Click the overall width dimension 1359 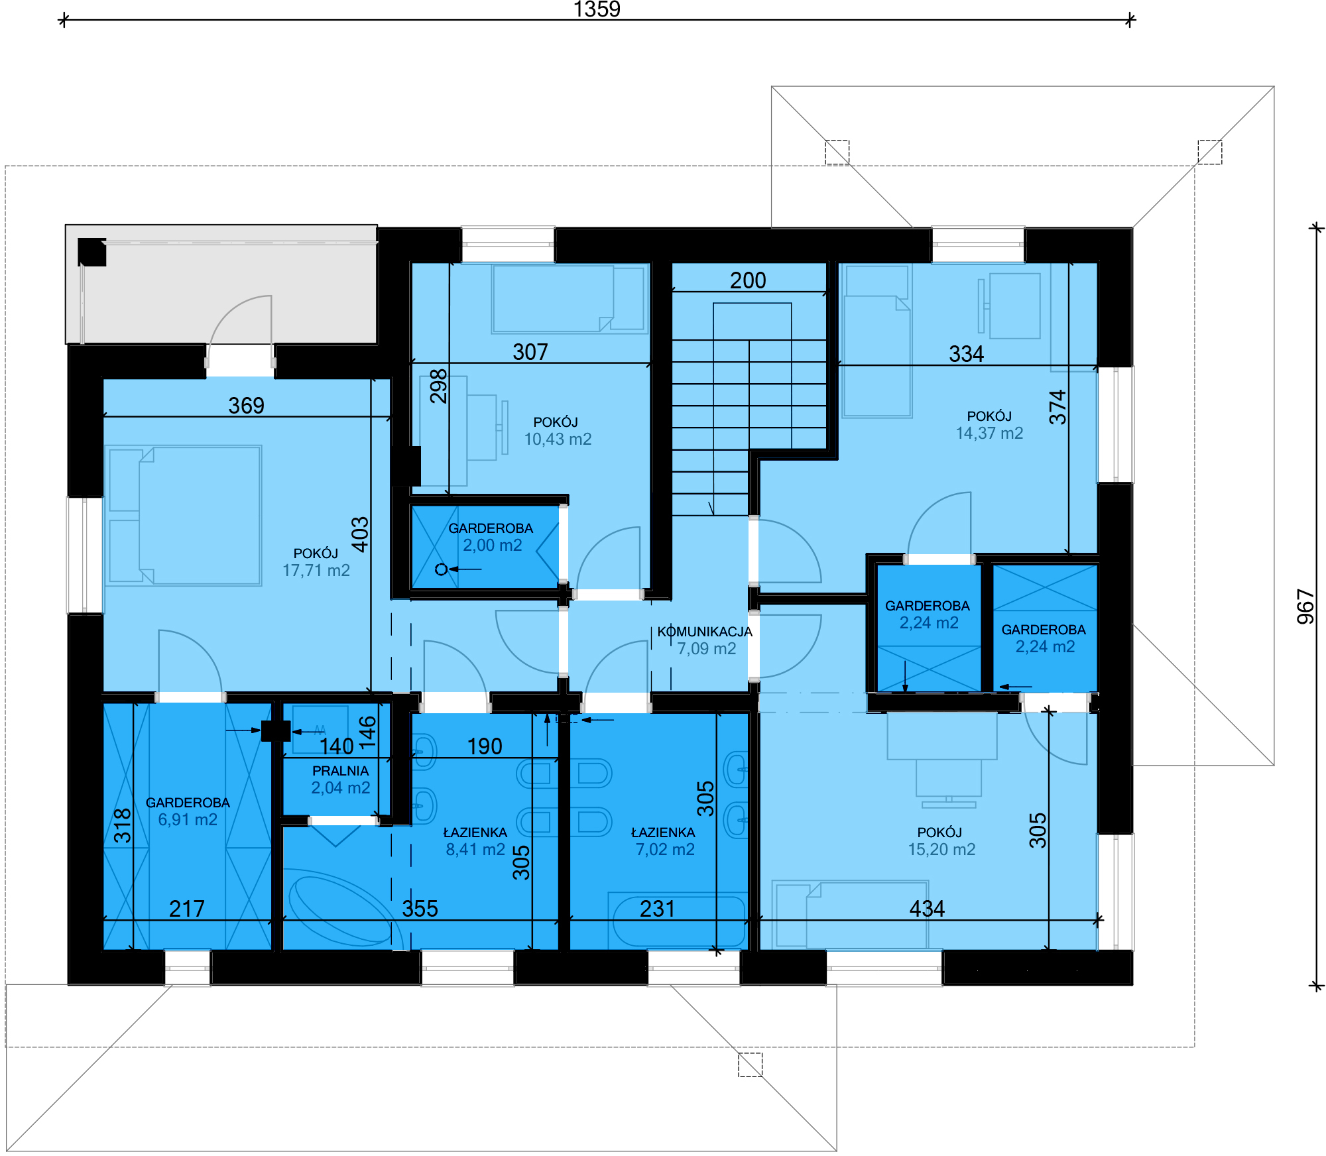coord(597,9)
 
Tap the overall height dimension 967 coord(1305,607)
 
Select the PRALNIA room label coord(340,771)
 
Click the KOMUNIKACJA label coord(705,632)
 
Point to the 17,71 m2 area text coord(316,571)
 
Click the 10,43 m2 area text coord(558,439)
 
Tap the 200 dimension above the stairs coord(748,280)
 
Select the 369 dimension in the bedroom coord(246,406)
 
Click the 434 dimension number coord(927,909)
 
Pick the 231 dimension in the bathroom coord(657,909)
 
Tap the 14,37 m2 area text coord(989,433)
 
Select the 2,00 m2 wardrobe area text coord(493,546)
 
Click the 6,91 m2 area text coord(188,820)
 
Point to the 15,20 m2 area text coord(941,850)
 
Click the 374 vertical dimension coord(1057,407)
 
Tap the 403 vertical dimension coord(360,534)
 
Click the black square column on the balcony coord(92,252)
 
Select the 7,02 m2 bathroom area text coord(665,850)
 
